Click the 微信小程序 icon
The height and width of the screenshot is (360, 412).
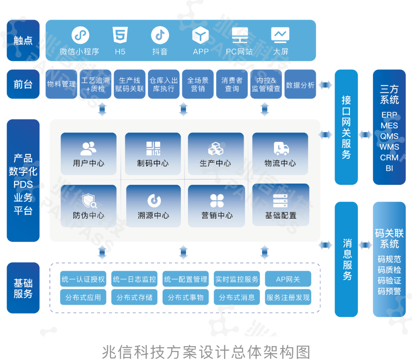click(80, 36)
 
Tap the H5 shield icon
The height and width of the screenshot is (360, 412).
click(120, 36)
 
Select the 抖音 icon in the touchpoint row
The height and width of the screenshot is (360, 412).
click(160, 36)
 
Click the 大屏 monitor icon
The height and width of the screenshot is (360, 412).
click(280, 35)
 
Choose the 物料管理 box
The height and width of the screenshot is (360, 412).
click(61, 84)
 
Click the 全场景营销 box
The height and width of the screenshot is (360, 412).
click(198, 84)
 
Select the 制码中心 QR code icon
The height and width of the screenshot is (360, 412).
click(153, 148)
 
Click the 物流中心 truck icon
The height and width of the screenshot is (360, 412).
click(281, 148)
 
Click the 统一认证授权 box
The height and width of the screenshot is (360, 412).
click(83, 279)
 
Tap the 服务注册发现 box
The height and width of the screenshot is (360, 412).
click(288, 297)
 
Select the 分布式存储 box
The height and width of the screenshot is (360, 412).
click(134, 297)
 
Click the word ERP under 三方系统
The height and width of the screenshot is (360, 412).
click(389, 115)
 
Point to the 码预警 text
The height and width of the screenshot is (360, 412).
click(389, 291)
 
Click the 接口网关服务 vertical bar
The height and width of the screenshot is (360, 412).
click(346, 127)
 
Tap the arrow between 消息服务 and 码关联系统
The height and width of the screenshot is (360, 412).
click(365, 244)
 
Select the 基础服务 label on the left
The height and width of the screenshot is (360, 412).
click(23, 288)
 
